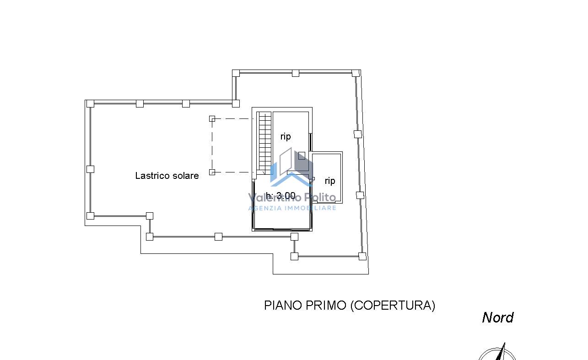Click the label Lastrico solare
click(167, 176)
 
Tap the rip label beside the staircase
click(286, 136)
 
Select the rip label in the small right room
click(330, 181)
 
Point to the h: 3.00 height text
click(281, 195)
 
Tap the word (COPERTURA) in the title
click(393, 306)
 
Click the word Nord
click(498, 317)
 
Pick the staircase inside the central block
click(265, 143)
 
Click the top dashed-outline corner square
click(212, 119)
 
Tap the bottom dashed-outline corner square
click(212, 172)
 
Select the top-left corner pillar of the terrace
click(90, 104)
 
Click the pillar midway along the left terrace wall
click(90, 169)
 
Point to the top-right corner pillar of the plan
click(356, 73)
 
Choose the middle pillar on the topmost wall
click(296, 73)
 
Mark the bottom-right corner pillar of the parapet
click(362, 256)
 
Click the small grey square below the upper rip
click(302, 156)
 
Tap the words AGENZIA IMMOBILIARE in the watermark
click(292, 208)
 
